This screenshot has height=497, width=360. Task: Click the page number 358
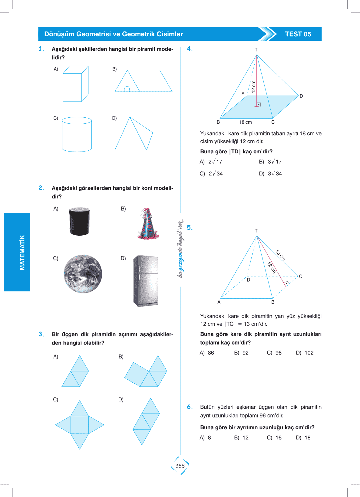coord(180,466)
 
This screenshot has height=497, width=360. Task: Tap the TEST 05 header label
coord(298,34)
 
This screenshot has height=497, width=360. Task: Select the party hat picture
coord(147,224)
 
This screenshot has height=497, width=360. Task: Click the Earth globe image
coord(83,274)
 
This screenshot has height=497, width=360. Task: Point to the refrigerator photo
coord(146,281)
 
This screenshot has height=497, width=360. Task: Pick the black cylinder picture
coord(79,221)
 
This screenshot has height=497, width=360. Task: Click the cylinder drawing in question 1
coord(77,134)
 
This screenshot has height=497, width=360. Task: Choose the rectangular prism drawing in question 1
coord(75,84)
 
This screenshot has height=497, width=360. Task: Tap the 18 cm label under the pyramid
coord(245,122)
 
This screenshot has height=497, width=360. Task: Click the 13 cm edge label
coord(280,255)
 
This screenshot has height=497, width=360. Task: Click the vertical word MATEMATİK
coord(22,252)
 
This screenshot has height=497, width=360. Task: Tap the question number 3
coord(41,334)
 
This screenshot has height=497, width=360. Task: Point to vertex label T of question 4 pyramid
coord(256,50)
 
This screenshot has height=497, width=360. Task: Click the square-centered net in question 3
coord(80,425)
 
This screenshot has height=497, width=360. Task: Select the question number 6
coord(190,407)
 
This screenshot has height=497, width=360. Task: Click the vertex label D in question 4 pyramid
coord(301,96)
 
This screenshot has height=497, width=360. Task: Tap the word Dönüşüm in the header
coord(59,34)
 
